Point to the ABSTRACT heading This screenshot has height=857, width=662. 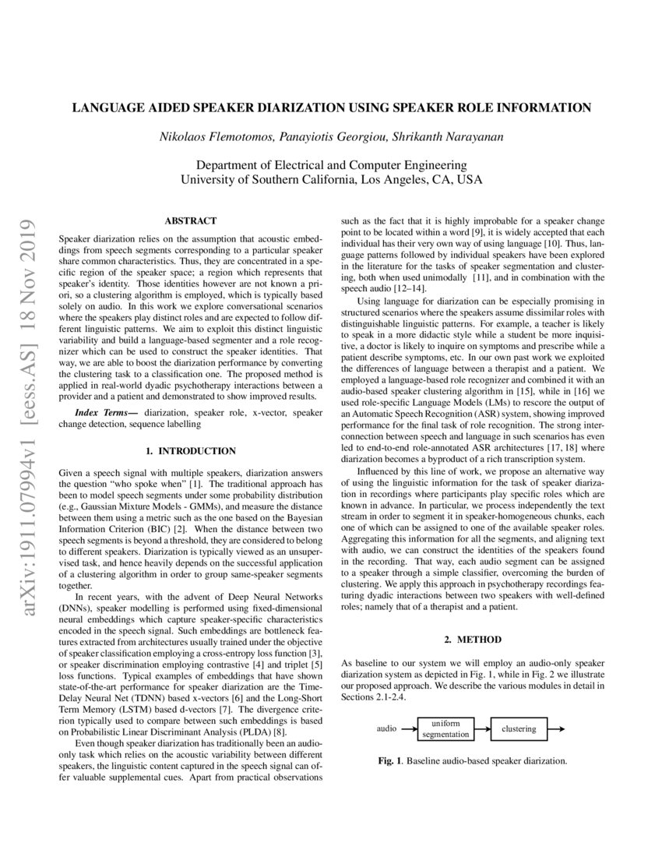click(191, 221)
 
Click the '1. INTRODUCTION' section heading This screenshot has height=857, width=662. click(191, 451)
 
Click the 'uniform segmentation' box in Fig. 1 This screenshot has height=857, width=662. click(445, 729)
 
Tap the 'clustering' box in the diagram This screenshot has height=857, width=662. click(519, 729)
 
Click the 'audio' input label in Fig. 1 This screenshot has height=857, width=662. click(387, 729)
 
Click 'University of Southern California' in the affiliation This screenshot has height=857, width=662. click(267, 179)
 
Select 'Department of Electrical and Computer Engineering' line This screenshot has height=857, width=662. click(331, 165)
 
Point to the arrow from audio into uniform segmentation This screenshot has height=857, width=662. click(408, 729)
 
